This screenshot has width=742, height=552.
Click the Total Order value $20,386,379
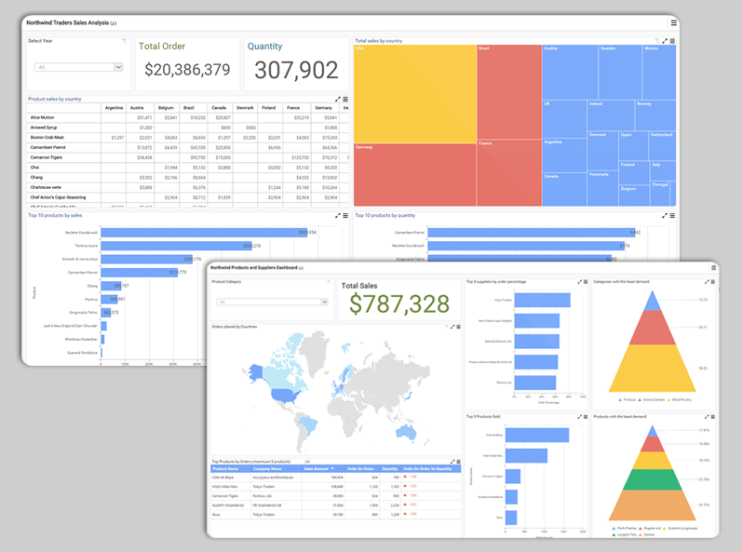(187, 70)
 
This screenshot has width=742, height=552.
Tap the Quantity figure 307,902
(296, 70)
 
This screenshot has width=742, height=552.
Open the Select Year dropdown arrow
(118, 67)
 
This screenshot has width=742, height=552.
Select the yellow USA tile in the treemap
(414, 93)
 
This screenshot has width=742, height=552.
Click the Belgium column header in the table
(166, 107)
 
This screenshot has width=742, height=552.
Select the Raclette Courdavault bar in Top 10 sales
(205, 232)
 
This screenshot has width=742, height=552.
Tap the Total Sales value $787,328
(398, 303)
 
